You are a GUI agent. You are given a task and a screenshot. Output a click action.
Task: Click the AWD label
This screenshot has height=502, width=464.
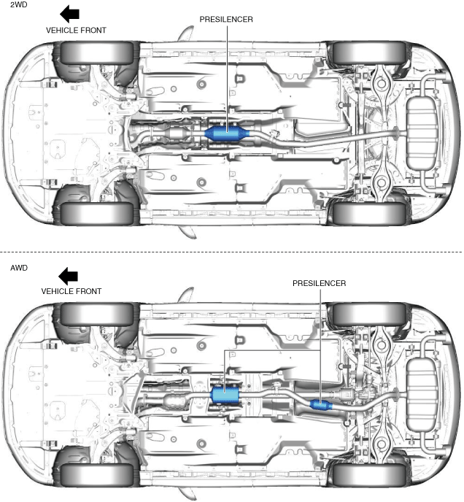point(11,268)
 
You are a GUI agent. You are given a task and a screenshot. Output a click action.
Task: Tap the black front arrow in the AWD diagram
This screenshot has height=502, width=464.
point(69,276)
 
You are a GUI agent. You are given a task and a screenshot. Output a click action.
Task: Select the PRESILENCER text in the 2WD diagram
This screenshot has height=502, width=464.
point(225,20)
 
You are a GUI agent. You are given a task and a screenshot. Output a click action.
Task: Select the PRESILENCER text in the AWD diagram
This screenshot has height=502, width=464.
point(319,282)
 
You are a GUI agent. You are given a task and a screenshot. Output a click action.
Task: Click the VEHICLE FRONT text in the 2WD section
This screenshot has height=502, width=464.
point(76,31)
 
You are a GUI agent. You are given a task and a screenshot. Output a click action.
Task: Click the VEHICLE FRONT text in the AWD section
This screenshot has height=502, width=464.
point(71,291)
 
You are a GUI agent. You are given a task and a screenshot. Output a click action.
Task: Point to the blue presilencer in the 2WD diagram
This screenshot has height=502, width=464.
point(227,134)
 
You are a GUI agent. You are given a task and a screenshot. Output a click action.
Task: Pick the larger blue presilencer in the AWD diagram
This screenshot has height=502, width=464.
point(226,395)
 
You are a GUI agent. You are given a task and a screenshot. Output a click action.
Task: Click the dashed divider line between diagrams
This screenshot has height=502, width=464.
point(232,252)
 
